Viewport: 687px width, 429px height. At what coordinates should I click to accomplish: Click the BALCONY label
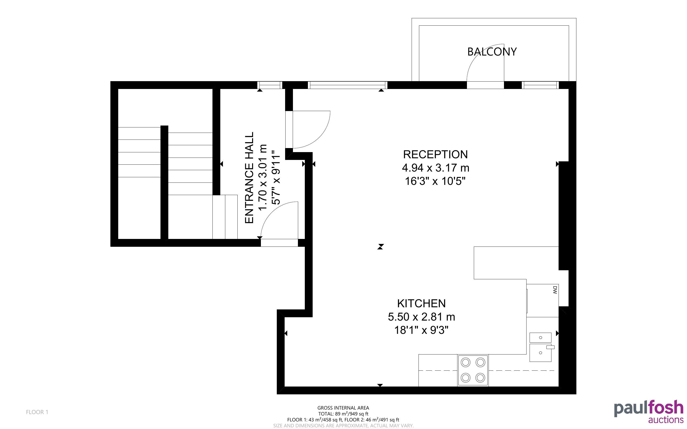[492, 52]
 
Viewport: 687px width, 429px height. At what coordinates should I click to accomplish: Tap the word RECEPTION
[435, 154]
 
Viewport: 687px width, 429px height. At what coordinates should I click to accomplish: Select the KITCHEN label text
[421, 303]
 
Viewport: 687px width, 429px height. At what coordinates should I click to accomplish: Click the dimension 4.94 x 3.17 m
[435, 168]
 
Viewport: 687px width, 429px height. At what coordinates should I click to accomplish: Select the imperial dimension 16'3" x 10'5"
[435, 181]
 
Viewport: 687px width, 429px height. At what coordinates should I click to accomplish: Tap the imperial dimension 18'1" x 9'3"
[421, 330]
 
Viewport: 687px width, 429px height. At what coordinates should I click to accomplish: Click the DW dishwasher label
[555, 290]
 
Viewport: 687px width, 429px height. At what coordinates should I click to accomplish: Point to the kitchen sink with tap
[541, 347]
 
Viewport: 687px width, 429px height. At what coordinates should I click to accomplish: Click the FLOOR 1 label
[37, 412]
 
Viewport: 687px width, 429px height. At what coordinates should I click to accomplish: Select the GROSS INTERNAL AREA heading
[343, 408]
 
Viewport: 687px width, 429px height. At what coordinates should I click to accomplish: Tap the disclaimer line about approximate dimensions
[343, 426]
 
